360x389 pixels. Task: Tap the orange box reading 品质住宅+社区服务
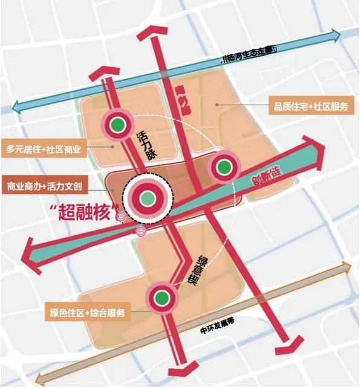309,106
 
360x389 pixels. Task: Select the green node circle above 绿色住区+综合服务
160,297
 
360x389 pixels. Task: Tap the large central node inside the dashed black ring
147,197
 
